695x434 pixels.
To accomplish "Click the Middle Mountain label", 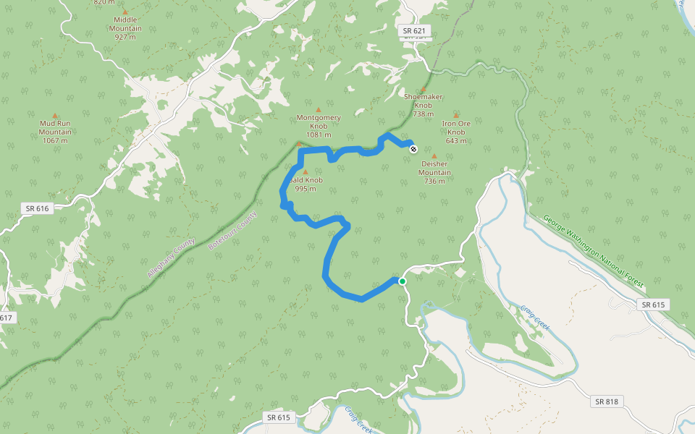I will click(x=125, y=24).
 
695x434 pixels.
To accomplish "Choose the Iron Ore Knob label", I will click(x=456, y=127).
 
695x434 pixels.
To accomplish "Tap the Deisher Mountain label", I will click(x=434, y=168).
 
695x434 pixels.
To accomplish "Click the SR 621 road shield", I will click(x=416, y=31).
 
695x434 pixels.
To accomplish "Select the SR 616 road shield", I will click(x=37, y=208).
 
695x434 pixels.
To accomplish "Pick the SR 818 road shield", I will click(x=608, y=401).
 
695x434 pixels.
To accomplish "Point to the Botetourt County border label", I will click(x=232, y=230).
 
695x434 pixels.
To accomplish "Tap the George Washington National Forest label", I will click(x=592, y=250).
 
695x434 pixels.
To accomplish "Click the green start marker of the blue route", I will click(x=402, y=281).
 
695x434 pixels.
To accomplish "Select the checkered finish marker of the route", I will click(x=413, y=149).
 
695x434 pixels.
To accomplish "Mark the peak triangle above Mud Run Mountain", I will click(x=55, y=116).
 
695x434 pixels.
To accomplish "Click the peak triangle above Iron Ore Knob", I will click(x=456, y=116).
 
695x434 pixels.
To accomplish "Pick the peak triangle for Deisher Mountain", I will click(x=434, y=156).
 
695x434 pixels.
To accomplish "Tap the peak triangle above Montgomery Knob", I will click(x=318, y=110).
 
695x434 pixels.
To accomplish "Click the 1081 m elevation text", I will click(x=319, y=135).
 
